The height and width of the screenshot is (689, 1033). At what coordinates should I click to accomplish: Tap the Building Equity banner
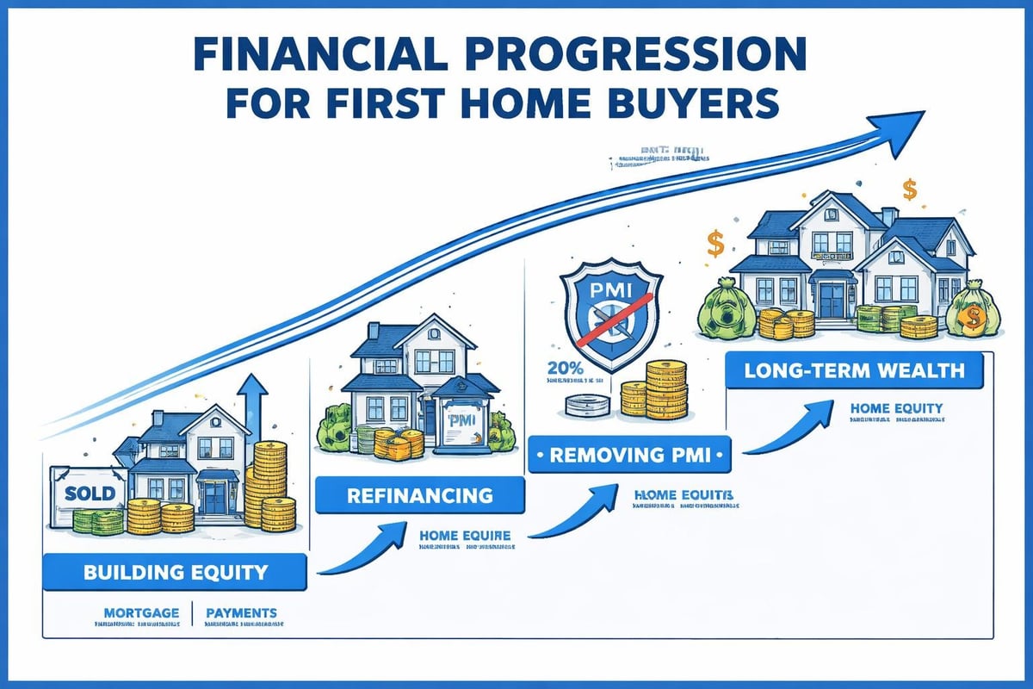(175, 571)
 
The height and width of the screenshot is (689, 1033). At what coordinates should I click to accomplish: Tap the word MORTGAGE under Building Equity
(141, 613)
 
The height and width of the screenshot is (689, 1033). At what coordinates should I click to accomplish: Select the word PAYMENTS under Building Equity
(242, 613)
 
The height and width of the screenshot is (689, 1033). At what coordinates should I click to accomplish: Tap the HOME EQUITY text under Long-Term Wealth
(896, 408)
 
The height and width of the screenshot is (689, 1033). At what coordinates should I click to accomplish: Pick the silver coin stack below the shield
(589, 407)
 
